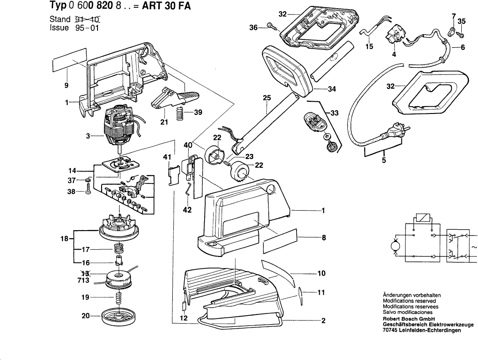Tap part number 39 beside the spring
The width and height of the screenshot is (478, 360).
198,113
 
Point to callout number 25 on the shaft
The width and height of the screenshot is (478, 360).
266,98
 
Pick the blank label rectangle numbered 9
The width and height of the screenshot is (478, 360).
69,64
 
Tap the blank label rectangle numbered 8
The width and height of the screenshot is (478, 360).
279,241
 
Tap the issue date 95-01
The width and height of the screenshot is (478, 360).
86,27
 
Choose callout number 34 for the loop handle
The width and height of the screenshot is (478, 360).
332,89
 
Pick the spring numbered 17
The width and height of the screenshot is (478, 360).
118,249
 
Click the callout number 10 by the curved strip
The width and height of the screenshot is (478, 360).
321,273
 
